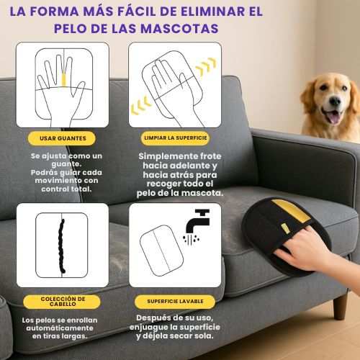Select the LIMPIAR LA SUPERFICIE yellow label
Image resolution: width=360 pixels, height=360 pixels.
(176, 137)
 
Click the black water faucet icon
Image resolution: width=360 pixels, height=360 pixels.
(196, 220)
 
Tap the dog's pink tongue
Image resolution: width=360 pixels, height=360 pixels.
(333, 117)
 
